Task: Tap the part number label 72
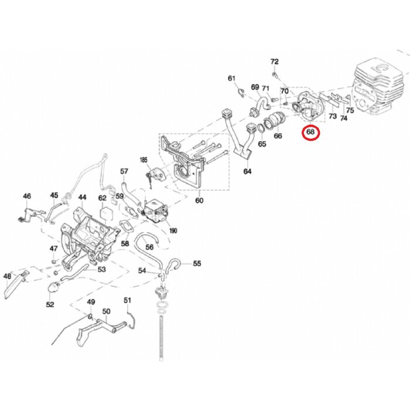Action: (x=275, y=61)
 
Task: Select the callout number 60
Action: (x=199, y=201)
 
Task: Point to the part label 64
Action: (x=248, y=172)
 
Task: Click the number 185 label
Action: (x=143, y=159)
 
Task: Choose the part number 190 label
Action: (x=174, y=230)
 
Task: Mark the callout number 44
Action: (x=83, y=197)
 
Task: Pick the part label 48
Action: (x=8, y=276)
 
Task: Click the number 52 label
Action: (x=50, y=305)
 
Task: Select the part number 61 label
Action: (x=231, y=78)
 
